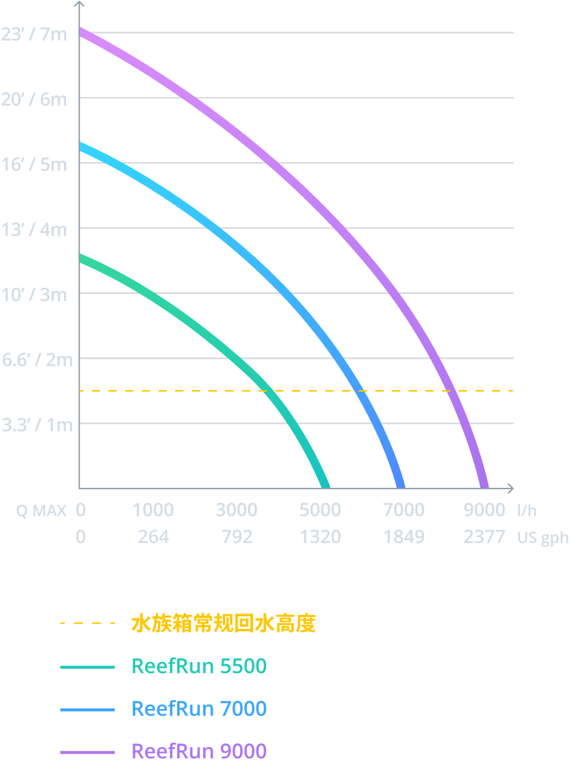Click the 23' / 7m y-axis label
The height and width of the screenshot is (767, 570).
pos(34,35)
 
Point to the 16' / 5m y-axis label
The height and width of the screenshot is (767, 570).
pos(34,165)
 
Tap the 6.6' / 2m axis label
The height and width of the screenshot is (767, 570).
pos(37,360)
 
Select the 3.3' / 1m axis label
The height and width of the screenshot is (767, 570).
pos(37,425)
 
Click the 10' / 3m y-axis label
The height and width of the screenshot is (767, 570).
pos(34,295)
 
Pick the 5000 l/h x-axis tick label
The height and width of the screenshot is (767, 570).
pos(320,510)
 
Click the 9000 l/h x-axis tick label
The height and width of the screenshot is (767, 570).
pos(484,510)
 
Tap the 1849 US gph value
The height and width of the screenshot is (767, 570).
pos(403,538)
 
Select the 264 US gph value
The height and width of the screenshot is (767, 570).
pos(153,538)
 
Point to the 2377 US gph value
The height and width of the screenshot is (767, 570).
pos(484,538)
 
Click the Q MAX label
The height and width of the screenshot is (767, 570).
pos(41,511)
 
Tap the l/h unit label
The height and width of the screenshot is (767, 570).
pos(527,510)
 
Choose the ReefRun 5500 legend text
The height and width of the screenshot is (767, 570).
pos(199,666)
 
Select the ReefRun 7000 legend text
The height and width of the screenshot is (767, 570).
pos(199,709)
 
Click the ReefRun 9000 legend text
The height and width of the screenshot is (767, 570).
pos(199,752)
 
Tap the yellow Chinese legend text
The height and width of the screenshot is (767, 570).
pos(223,624)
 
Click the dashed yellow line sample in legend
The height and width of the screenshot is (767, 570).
pos(88,624)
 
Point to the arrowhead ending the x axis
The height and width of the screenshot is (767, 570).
pos(510,489)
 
